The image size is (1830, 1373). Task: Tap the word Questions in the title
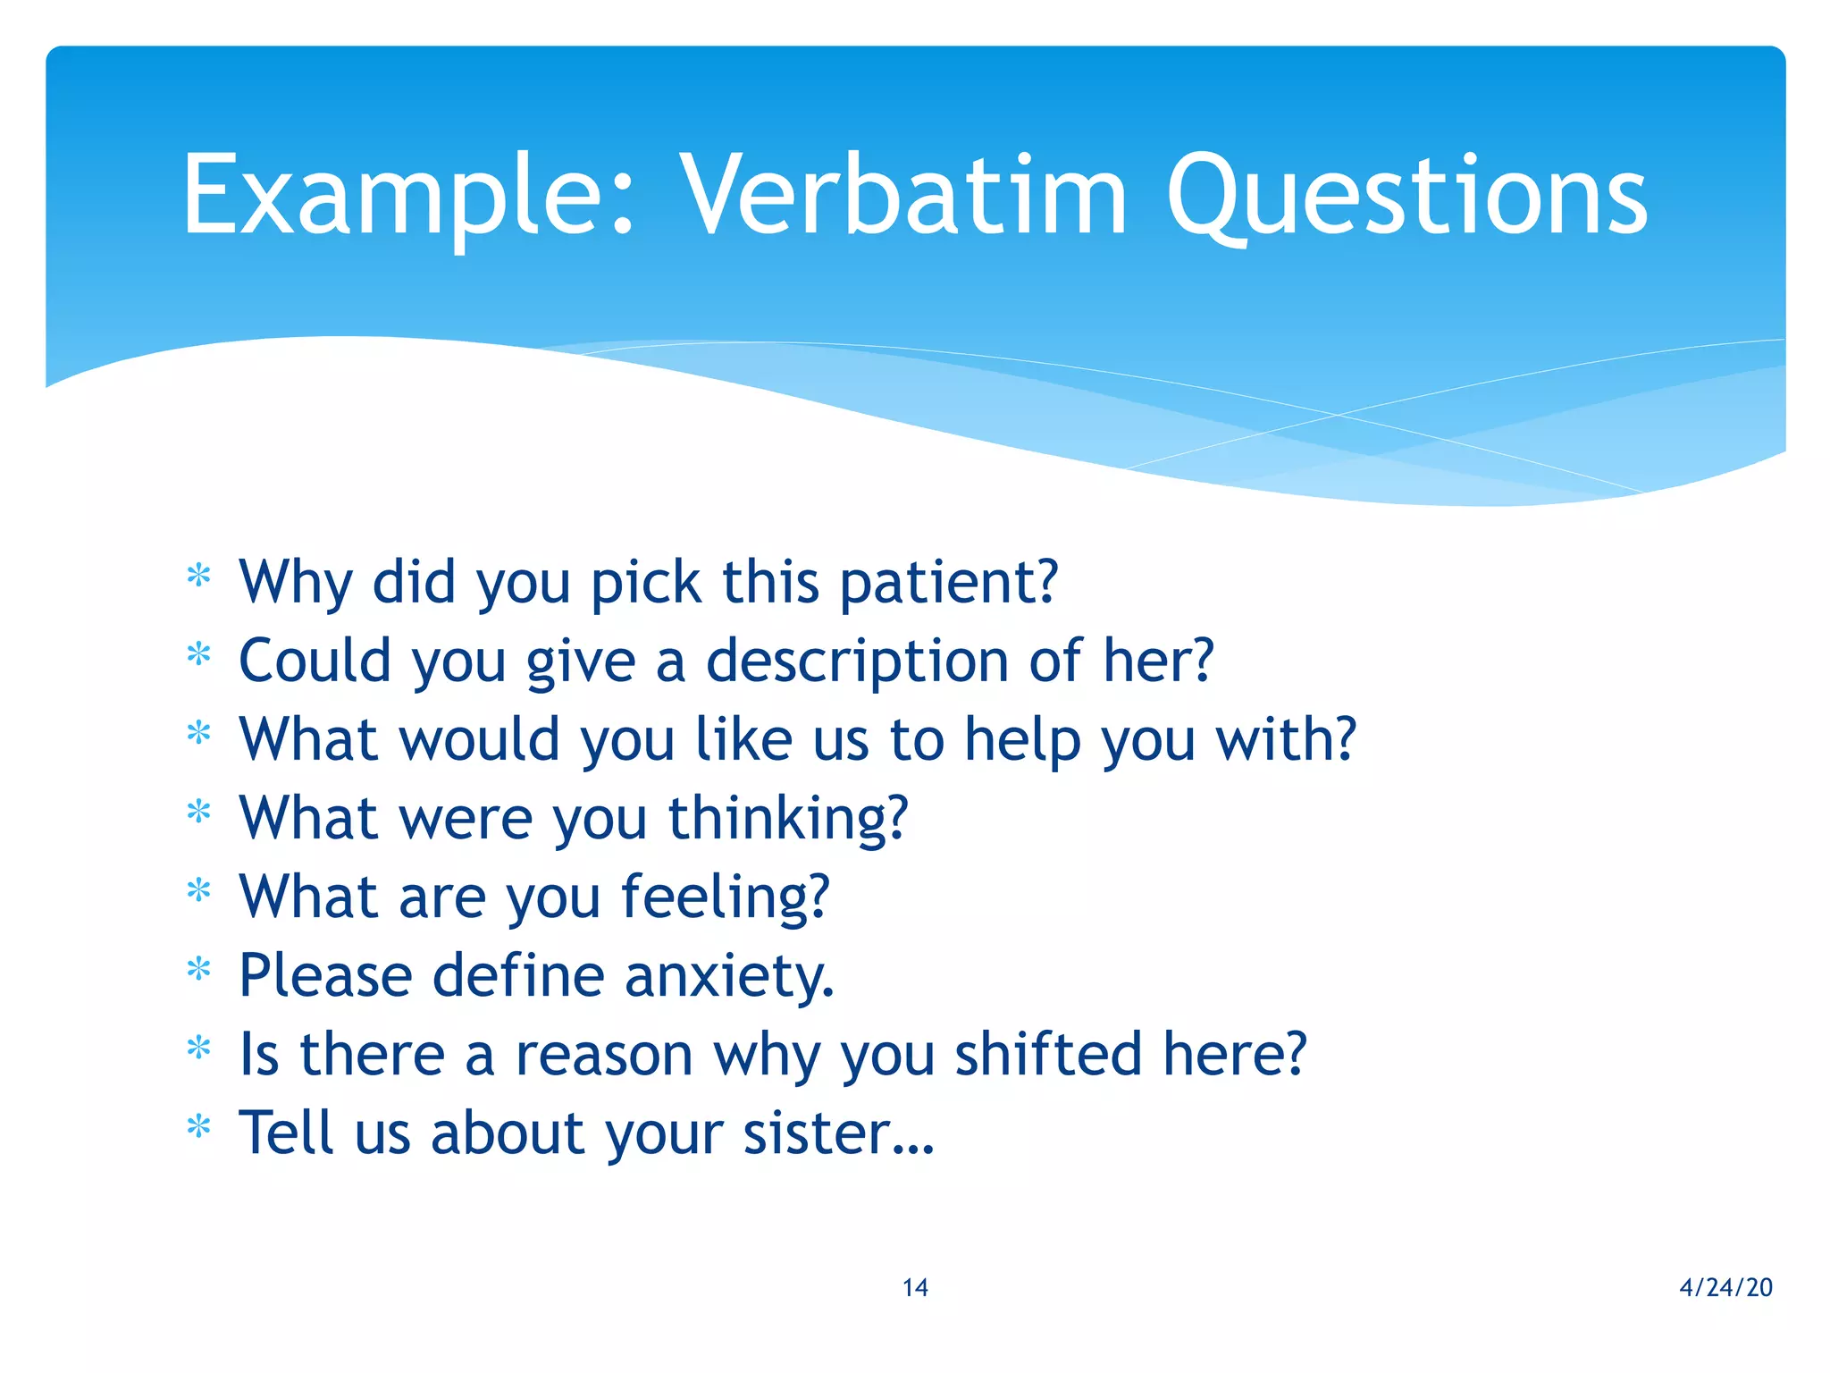1406,197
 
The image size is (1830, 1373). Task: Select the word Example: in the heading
407,197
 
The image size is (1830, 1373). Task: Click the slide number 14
915,1287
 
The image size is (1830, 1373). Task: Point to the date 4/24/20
1725,1287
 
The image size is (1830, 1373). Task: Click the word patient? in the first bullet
949,583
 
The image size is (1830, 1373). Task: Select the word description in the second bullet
857,661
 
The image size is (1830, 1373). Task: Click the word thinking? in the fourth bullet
788,819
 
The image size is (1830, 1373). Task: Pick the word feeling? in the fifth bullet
726,897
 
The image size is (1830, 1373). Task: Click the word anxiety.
729,976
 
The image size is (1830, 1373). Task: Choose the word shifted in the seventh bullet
1049,1055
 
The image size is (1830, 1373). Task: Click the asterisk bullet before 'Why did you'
198,577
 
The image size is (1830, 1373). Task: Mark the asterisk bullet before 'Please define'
198,970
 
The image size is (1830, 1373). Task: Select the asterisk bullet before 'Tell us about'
198,1127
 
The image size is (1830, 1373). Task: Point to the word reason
604,1055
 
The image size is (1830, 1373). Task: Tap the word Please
325,976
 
